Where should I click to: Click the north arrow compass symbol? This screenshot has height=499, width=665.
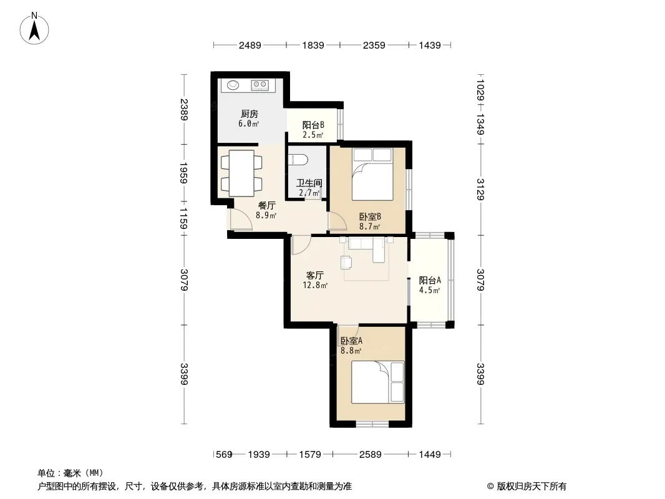pos(34,29)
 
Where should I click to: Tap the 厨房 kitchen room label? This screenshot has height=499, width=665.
pos(250,114)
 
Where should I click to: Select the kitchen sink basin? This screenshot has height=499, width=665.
pos(233,85)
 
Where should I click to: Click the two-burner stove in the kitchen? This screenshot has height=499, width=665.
pos(260,85)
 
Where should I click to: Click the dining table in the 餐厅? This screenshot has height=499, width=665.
pos(241,173)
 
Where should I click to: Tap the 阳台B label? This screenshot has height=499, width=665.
pos(313,125)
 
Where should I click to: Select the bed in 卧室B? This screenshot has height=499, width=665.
pos(372,174)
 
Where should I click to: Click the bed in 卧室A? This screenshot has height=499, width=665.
pos(378,382)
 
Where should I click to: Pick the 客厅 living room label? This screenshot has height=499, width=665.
pos(314,275)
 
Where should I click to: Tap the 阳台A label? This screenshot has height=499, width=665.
pos(430,280)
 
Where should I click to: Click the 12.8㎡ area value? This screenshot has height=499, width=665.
pos(314,285)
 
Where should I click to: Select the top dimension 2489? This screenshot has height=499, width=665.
pos(250,45)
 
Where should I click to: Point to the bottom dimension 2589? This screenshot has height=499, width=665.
pos(371,455)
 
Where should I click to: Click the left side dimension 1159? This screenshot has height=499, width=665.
pos(183,218)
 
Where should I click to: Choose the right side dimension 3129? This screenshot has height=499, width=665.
pos(480,189)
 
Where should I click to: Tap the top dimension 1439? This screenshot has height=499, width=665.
pos(430,45)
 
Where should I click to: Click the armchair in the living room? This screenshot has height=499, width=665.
pos(346,263)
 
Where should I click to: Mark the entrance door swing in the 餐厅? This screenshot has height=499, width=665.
pos(241,220)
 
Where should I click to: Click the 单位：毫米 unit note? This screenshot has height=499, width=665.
pos(70,473)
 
